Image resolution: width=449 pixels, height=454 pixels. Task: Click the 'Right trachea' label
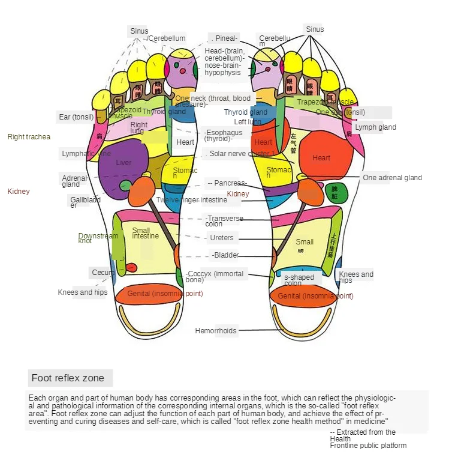29,137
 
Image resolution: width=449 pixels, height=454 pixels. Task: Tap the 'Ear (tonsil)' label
76,117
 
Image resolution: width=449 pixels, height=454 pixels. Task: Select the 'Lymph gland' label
375,127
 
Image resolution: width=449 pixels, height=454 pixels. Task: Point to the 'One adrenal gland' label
392,178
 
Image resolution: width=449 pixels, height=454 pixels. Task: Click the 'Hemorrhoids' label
216,330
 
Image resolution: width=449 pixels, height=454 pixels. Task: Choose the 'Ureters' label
222,238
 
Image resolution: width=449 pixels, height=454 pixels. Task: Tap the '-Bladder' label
225,255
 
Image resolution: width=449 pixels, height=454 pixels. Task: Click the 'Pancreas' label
228,183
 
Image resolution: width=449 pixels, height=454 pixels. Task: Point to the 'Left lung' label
247,122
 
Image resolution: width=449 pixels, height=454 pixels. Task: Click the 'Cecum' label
103,273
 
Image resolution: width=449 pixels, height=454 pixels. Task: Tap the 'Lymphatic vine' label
86,154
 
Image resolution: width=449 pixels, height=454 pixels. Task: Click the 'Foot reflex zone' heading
68,378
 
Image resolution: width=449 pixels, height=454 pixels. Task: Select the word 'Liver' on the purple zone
123,163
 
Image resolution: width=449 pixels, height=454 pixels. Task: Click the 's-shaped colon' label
299,280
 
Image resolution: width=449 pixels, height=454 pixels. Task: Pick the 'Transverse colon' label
224,221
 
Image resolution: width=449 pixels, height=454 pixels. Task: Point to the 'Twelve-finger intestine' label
183,200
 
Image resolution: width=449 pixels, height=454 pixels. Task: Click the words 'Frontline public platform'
367,446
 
